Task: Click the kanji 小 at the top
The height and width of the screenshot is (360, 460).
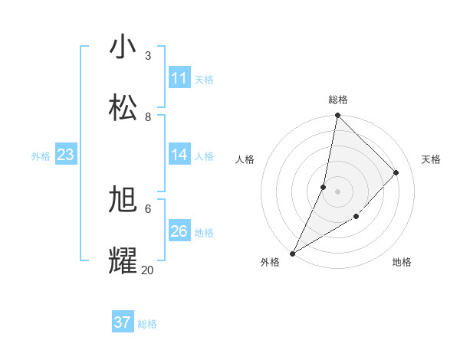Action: [123, 47]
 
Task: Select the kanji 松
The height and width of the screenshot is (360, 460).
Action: [123, 107]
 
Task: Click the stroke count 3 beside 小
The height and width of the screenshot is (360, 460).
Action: [148, 56]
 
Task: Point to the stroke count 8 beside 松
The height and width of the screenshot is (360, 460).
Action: [148, 116]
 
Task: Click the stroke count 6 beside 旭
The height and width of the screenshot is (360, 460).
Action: [148, 208]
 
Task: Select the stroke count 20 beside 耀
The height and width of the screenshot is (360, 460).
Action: [147, 270]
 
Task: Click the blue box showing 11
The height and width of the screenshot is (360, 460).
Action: [179, 78]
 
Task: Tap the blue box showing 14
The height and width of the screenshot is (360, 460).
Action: [179, 155]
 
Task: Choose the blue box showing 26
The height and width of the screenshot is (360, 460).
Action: [179, 231]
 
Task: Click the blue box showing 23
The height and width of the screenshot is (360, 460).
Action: [66, 155]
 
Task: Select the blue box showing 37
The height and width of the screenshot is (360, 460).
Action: [123, 322]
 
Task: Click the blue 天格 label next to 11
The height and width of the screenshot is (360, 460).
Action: [204, 79]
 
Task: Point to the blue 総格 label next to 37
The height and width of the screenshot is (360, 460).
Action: [147, 324]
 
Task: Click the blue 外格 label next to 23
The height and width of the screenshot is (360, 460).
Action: [41, 156]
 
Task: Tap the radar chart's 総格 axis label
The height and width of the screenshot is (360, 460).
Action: [337, 100]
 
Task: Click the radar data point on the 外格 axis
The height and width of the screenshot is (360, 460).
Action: [292, 253]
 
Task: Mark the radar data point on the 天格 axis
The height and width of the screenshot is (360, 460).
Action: [396, 172]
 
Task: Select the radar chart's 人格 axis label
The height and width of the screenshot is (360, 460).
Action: [245, 159]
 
